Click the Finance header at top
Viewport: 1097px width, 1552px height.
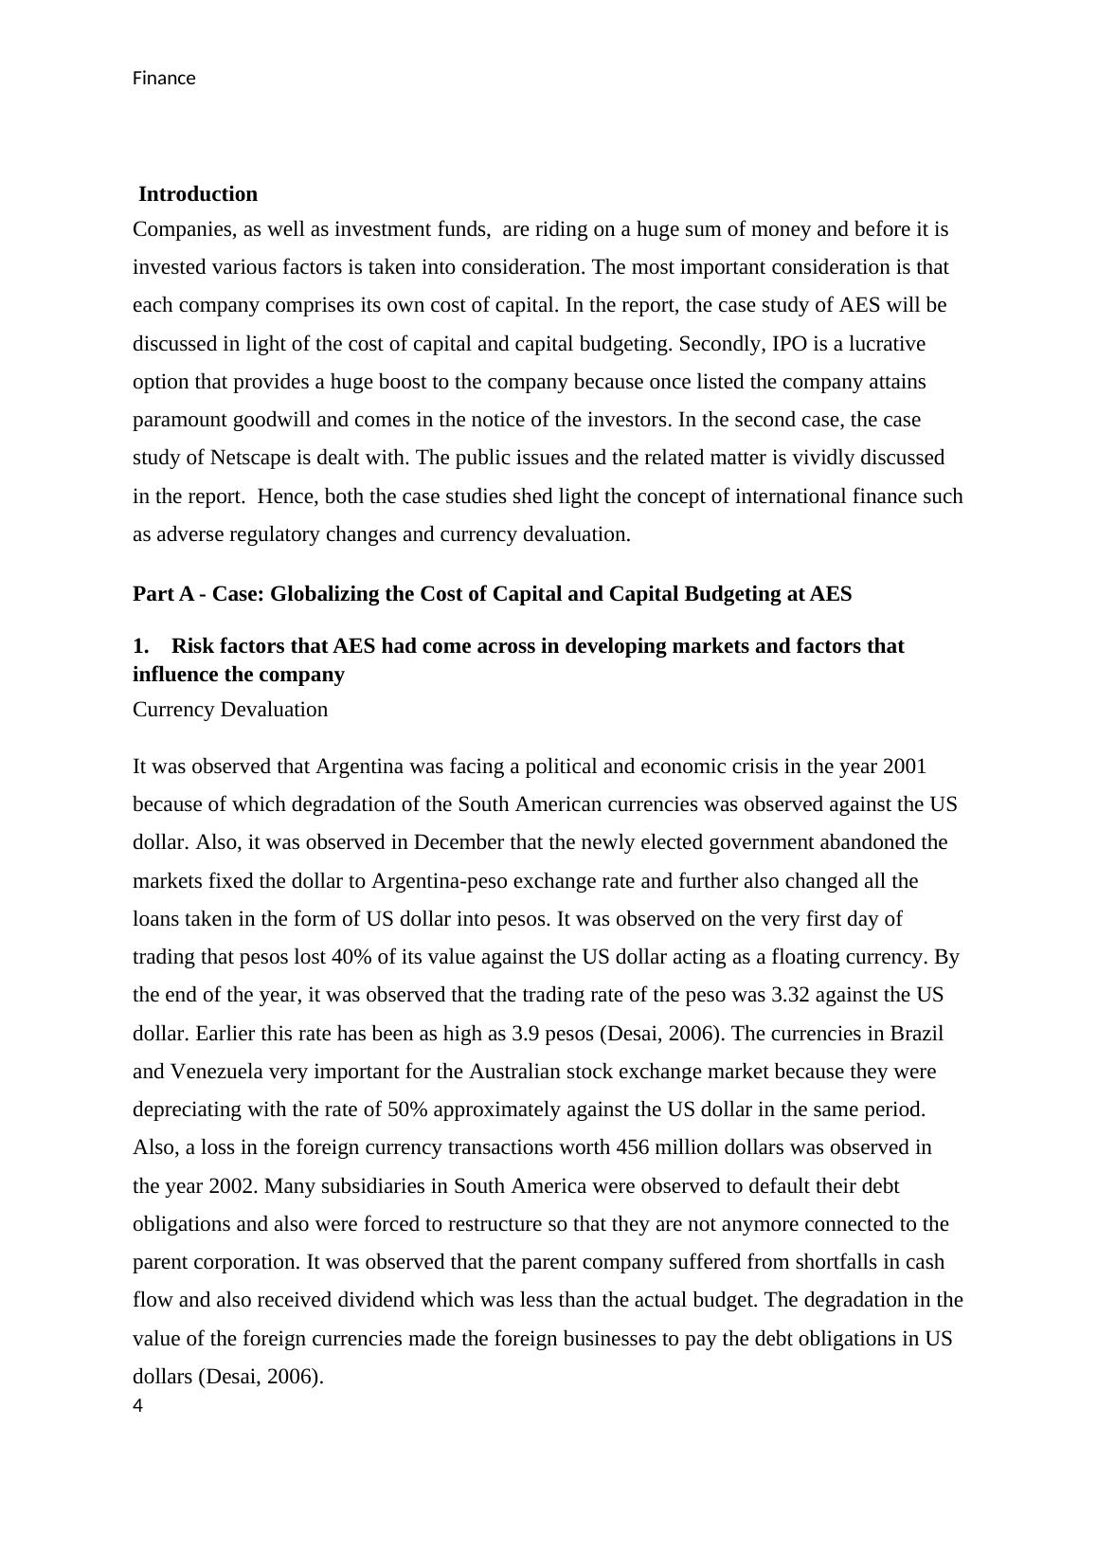point(164,79)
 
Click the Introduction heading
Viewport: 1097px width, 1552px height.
point(198,194)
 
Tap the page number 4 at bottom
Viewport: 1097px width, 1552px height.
point(138,1406)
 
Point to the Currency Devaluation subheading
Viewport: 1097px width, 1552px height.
point(230,710)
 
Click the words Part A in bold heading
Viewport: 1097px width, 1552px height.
point(163,594)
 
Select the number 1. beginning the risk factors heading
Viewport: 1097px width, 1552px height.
point(141,646)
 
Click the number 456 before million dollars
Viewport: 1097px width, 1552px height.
point(633,1147)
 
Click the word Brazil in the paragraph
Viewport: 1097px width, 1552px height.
point(914,1033)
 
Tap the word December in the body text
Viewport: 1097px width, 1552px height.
point(459,842)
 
